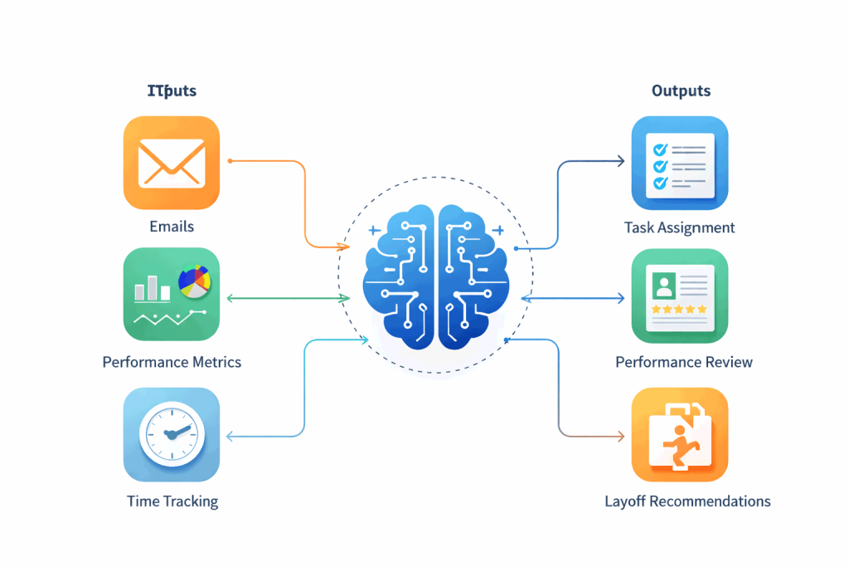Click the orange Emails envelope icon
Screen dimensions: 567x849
click(172, 163)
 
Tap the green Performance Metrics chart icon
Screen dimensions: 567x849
click(172, 295)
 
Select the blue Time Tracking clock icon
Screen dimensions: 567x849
click(172, 435)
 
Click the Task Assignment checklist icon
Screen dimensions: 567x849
click(680, 163)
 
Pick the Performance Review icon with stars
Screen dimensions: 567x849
click(680, 296)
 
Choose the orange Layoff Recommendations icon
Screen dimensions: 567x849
click(680, 435)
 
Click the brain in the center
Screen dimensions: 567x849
click(436, 276)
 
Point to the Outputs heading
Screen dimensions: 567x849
click(681, 91)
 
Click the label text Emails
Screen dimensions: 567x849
click(172, 227)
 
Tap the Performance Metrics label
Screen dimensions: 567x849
click(172, 362)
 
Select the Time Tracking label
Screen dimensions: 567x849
click(172, 501)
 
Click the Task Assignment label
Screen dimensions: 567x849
click(680, 227)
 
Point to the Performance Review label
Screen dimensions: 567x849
click(684, 362)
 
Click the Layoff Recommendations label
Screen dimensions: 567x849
click(687, 501)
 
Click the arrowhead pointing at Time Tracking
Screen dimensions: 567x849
click(230, 435)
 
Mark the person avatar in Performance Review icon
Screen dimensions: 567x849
click(663, 286)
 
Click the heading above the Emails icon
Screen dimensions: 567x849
click(172, 91)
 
